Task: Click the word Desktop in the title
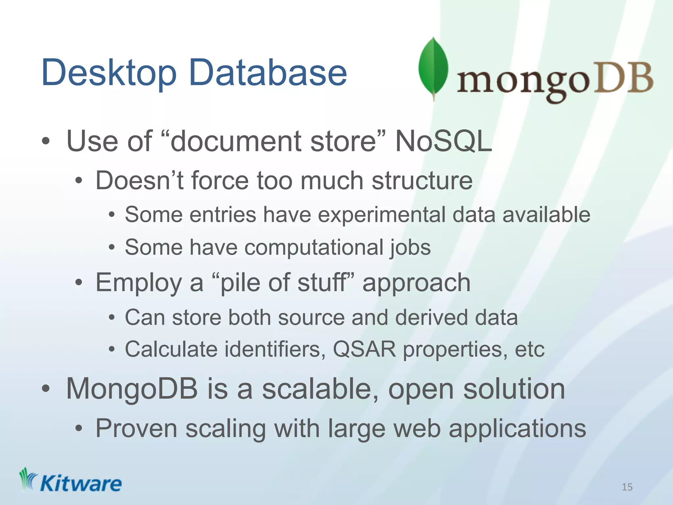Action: point(109,73)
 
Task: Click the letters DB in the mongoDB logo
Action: point(624,79)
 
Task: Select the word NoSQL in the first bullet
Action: point(443,141)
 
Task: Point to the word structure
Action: point(422,181)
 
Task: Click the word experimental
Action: point(382,215)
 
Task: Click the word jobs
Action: point(410,248)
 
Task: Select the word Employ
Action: point(138,283)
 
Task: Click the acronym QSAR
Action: point(364,349)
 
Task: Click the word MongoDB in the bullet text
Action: point(132,389)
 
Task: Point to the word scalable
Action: point(320,389)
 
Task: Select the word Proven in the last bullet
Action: point(136,429)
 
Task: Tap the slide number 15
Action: point(627,487)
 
